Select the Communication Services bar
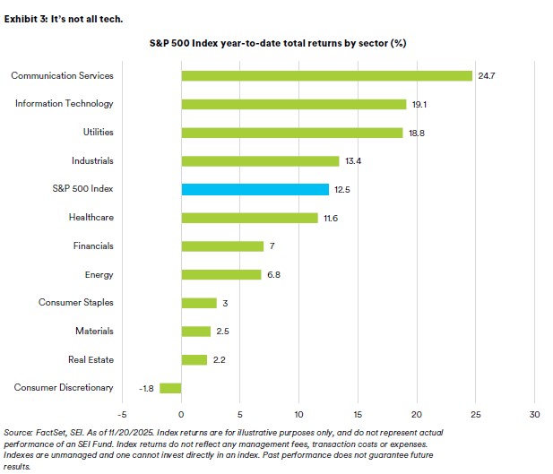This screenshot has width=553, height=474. (326, 75)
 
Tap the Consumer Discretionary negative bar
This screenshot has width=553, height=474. (170, 388)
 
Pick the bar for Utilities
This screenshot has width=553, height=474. (291, 133)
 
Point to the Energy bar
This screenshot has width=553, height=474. (220, 274)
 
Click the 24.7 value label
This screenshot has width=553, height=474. (485, 75)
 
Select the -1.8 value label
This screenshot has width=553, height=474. (146, 388)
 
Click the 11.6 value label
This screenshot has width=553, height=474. (331, 218)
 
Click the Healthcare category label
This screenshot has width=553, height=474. (91, 218)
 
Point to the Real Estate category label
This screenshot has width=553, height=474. (91, 359)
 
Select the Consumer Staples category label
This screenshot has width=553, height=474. (76, 303)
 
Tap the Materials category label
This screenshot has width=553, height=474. (94, 332)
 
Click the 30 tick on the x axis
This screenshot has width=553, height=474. (534, 414)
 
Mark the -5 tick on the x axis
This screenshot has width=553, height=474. (122, 414)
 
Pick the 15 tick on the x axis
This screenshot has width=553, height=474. (358, 414)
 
